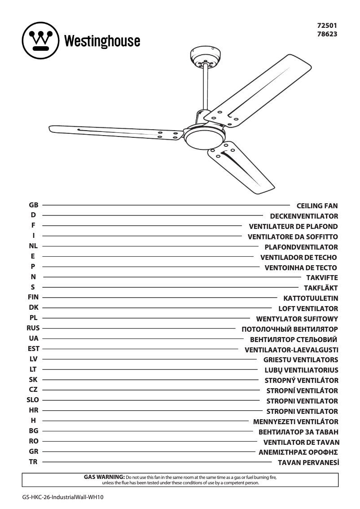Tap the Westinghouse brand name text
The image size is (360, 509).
[102, 41]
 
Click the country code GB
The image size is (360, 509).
[33, 205]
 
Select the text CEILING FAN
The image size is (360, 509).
[317, 206]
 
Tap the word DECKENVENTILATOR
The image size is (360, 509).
[304, 216]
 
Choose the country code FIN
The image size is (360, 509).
[33, 297]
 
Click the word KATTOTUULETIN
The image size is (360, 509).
[311, 298]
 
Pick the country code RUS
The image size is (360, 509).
[33, 328]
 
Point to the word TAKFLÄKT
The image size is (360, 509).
[320, 288]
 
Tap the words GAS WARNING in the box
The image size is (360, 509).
[104, 477]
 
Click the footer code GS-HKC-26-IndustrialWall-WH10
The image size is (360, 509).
[60, 497]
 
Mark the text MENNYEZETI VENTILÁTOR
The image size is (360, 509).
[295, 422]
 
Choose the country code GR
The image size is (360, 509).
[33, 451]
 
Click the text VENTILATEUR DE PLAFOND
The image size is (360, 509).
[293, 227]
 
